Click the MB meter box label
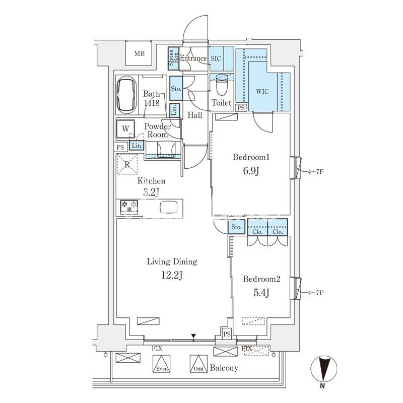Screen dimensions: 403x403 coord(140,53)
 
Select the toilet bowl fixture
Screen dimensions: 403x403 coord(222,85)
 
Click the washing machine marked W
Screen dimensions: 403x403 coord(125,129)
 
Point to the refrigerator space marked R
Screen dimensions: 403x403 coord(127,164)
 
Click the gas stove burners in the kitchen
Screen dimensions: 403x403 coord(129,207)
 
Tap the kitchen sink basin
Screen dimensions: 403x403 coord(169,207)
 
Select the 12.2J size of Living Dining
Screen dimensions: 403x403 coord(172,275)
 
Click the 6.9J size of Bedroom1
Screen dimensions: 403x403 coord(251,171)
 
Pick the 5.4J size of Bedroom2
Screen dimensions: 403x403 coord(261,293)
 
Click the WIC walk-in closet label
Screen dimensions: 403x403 coord(262,91)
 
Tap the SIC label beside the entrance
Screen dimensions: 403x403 coord(216,58)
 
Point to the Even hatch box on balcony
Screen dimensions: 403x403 coord(161,364)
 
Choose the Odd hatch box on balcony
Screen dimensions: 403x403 coord(198,364)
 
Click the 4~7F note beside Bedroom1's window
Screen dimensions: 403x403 coord(315,171)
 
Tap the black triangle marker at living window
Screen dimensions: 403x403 coord(193,336)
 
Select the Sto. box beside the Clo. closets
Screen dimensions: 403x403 coord(236,227)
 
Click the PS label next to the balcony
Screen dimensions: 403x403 coord(227,334)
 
